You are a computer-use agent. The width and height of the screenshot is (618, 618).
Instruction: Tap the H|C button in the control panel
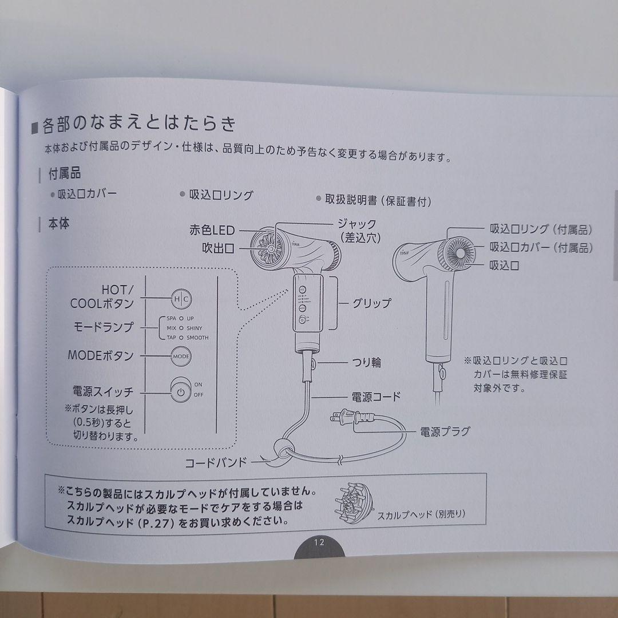pyautogui.click(x=181, y=299)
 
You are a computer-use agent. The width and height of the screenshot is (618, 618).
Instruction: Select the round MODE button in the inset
pyautogui.click(x=180, y=356)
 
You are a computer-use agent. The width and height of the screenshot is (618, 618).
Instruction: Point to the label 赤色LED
pyautogui.click(x=212, y=230)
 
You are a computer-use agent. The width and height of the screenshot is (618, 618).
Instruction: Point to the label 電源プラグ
pyautogui.click(x=445, y=431)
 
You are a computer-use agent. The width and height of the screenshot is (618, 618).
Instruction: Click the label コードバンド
pyautogui.click(x=215, y=462)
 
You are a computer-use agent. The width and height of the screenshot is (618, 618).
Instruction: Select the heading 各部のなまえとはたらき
pyautogui.click(x=138, y=124)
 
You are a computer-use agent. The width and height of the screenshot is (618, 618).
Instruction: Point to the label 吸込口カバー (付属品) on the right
pyautogui.click(x=540, y=248)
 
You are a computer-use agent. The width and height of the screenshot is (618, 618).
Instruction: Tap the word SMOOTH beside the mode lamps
pyautogui.click(x=197, y=338)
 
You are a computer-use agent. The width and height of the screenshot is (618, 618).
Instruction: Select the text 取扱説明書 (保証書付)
pyautogui.click(x=378, y=201)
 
